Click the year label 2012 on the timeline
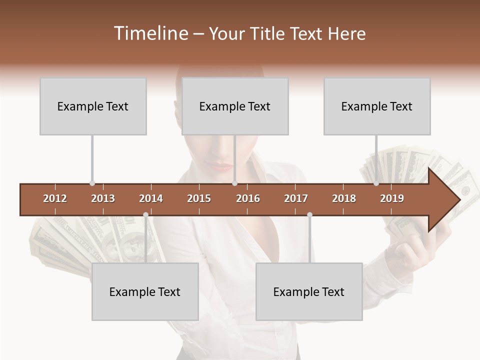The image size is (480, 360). click(55, 198)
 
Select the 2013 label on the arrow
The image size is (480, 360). click(103, 198)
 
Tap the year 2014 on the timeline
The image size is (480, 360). click(151, 198)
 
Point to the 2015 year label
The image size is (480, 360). click(199, 198)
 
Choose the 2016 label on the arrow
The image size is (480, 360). click(248, 198)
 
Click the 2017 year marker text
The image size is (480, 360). click(296, 198)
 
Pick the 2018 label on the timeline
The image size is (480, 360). click(344, 198)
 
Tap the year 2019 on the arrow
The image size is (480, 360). click(392, 198)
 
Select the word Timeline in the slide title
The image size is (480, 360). click(150, 33)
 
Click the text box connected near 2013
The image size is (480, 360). click(93, 106)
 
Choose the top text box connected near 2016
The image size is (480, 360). click(235, 106)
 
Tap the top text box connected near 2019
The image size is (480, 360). click(377, 106)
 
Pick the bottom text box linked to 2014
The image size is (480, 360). click(145, 291)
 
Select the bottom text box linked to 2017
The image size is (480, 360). click(309, 291)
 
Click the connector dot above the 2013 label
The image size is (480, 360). click(92, 183)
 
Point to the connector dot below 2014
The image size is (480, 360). click(145, 215)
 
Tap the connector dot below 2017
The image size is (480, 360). click(309, 215)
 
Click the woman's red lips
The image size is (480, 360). click(221, 166)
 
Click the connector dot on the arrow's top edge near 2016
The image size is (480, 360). click(234, 183)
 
